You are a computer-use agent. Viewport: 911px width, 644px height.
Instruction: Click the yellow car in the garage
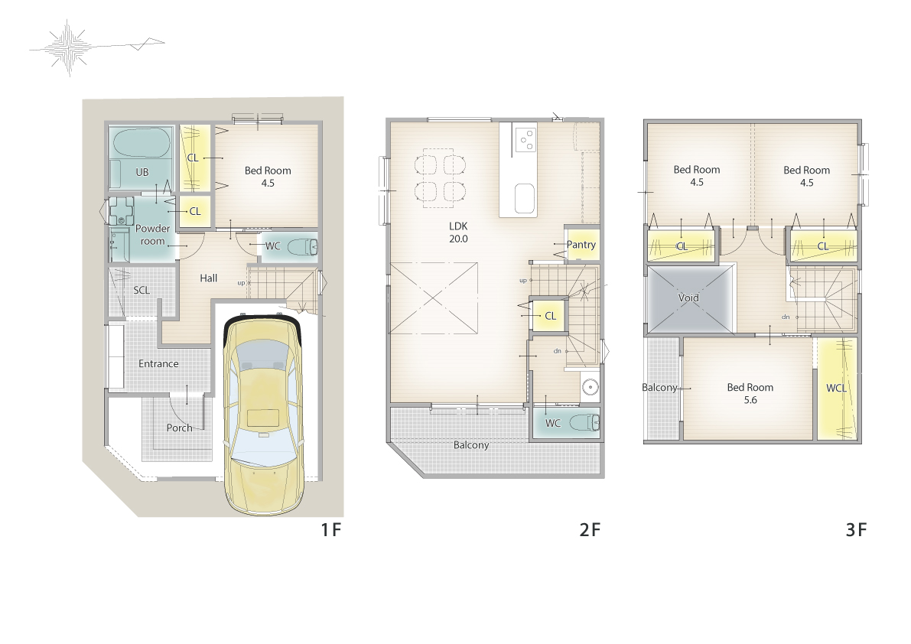(263, 415)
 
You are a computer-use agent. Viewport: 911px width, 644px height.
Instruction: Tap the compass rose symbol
(69, 47)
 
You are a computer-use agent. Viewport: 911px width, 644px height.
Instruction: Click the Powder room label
(152, 235)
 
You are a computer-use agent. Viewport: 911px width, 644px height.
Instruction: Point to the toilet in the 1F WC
(303, 247)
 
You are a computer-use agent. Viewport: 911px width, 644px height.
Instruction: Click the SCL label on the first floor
(142, 290)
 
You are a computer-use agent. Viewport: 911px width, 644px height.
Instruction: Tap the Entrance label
(158, 363)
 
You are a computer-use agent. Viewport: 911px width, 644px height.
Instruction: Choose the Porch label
(179, 428)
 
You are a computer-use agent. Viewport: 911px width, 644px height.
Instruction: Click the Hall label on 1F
(209, 278)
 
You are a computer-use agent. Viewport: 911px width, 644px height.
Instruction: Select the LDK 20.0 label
(458, 233)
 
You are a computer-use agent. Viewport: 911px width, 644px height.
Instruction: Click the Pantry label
(581, 245)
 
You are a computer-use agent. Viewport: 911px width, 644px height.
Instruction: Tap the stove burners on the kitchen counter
(525, 138)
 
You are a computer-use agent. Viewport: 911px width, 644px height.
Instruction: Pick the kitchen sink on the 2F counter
(525, 199)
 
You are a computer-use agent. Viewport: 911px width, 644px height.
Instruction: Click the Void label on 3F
(688, 298)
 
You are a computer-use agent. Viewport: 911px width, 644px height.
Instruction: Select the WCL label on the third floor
(836, 388)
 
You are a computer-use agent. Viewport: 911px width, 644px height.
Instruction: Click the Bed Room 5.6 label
(750, 393)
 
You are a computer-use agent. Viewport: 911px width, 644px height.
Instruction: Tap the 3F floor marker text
(856, 529)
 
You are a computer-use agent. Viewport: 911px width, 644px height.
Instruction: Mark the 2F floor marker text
(590, 529)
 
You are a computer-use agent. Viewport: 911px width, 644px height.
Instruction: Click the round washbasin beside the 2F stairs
(590, 387)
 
